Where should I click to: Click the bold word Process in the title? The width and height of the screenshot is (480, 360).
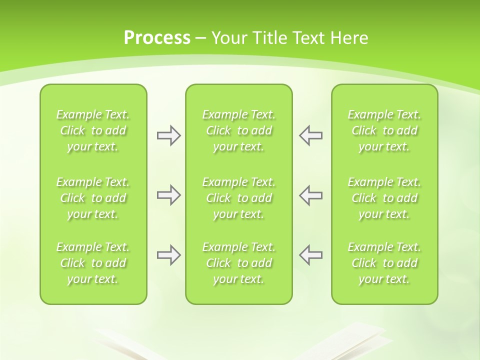pyautogui.click(x=157, y=38)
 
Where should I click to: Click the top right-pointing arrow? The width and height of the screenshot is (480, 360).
pyautogui.click(x=168, y=135)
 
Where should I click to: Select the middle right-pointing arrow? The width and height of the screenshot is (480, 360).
pyautogui.click(x=168, y=195)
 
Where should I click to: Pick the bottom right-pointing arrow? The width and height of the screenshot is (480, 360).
pyautogui.click(x=168, y=255)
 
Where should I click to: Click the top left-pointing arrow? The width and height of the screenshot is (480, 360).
pyautogui.click(x=310, y=135)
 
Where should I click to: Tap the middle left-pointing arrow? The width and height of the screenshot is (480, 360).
pyautogui.click(x=310, y=195)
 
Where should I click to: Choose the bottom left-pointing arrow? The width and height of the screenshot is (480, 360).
pyautogui.click(x=310, y=255)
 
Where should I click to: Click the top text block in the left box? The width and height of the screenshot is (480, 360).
pyautogui.click(x=93, y=130)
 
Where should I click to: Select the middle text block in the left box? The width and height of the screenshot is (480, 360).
pyautogui.click(x=93, y=198)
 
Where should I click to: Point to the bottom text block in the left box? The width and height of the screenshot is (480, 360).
pyautogui.click(x=93, y=263)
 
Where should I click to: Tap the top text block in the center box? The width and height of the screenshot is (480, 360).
pyautogui.click(x=238, y=130)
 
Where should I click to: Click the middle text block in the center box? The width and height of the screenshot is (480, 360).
pyautogui.click(x=238, y=198)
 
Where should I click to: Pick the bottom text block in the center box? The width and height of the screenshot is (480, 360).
pyautogui.click(x=238, y=263)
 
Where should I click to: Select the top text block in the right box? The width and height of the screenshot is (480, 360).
pyautogui.click(x=384, y=130)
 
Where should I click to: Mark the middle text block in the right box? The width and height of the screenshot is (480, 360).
pyautogui.click(x=384, y=198)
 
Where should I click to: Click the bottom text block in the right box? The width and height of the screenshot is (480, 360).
pyautogui.click(x=384, y=263)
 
